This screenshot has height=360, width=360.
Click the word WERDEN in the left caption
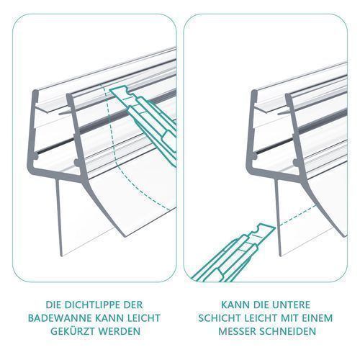pos(120,331)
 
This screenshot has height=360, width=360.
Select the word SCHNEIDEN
pos(288,331)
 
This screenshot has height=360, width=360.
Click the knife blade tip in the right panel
pos(275,227)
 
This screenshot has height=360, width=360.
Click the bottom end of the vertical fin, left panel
pos(61,256)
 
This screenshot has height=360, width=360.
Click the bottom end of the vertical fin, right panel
pos(280,256)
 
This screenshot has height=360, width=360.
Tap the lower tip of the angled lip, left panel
pos(125,237)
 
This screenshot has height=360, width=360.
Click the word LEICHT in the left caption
pos(146,318)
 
